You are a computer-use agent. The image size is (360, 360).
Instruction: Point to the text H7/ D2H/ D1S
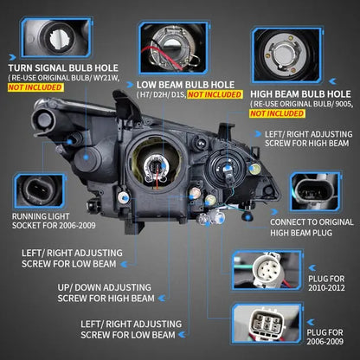click(163, 96)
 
